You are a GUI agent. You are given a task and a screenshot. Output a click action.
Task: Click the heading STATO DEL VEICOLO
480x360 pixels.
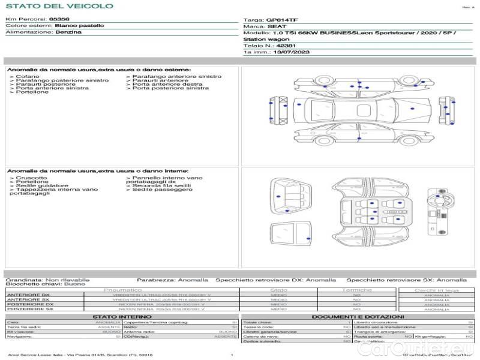59,7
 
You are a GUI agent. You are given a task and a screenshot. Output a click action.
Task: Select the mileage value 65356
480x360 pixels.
59,20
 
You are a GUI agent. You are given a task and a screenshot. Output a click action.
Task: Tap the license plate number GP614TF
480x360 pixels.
282,20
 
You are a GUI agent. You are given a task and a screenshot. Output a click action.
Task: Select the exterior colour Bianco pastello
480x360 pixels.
79,26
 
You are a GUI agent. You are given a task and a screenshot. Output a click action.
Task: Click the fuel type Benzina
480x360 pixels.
68,32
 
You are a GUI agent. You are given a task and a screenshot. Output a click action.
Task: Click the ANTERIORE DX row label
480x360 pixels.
28,295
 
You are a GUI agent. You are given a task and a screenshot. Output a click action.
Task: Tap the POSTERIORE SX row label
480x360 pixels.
29,309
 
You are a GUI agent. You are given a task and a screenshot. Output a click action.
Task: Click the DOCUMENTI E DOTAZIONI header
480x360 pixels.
358,316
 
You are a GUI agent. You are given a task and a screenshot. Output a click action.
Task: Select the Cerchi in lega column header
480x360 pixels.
436,290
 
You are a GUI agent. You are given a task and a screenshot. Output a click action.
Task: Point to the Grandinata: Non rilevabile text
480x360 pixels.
47,280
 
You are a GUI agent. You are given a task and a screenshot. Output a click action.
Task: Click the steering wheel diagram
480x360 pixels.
439,197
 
